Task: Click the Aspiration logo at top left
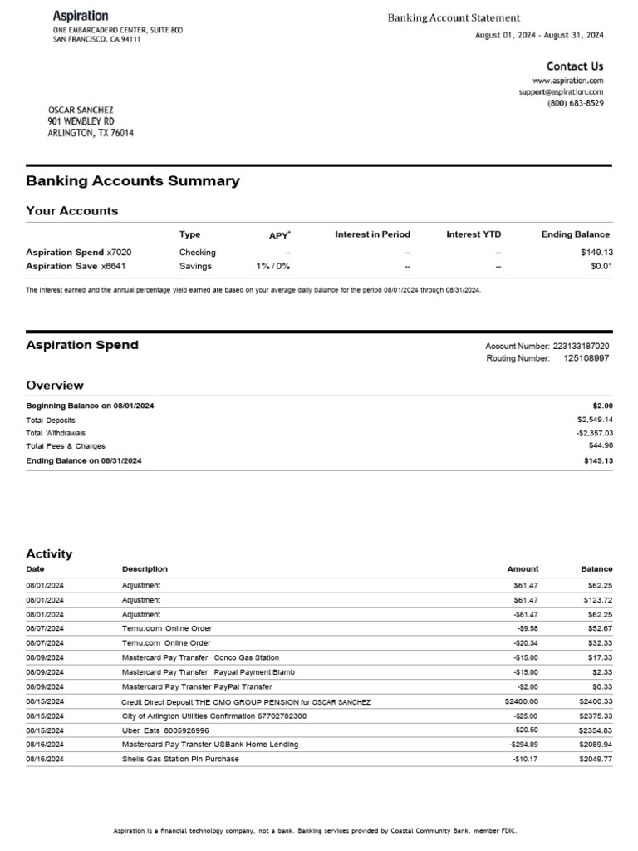(81, 16)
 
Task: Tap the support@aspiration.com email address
(561, 92)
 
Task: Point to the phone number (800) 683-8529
(575, 104)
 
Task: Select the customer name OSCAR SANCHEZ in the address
(81, 110)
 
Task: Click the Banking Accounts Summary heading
(133, 181)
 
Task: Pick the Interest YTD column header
(474, 234)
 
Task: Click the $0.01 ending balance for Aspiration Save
(598, 267)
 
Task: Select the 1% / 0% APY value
(274, 267)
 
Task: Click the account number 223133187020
(581, 346)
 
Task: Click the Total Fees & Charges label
(66, 446)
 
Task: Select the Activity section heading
(49, 553)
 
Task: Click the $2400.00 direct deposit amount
(521, 701)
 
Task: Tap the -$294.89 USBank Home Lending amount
(523, 745)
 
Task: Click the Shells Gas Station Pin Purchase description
(180, 759)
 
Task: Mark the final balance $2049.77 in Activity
(596, 759)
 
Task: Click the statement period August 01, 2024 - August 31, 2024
(538, 35)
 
